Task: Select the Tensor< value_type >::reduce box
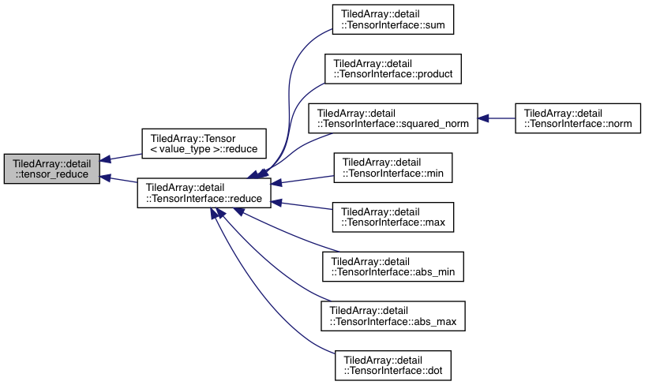[x=204, y=142]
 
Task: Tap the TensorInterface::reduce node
[x=204, y=192]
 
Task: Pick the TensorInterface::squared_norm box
[x=392, y=118]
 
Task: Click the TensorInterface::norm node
[x=576, y=118]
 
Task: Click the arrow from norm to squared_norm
[x=497, y=118]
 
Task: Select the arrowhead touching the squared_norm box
[x=483, y=118]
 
